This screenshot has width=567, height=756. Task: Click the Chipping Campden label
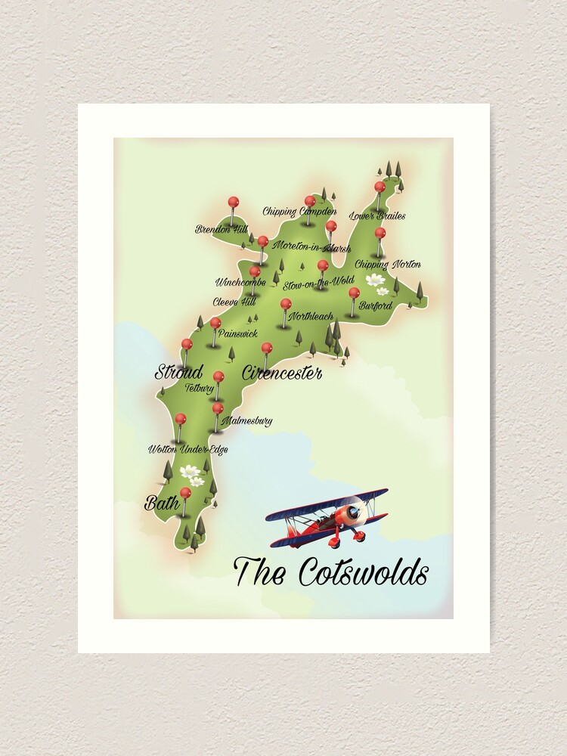coord(299,212)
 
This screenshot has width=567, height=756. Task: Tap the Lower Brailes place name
coord(377,216)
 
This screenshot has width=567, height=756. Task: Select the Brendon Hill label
coord(221,228)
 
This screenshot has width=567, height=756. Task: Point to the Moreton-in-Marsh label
coord(302,247)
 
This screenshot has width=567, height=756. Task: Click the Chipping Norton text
coord(387,264)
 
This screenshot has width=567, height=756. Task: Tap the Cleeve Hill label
coord(234,301)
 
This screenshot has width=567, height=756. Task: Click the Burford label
coord(376,306)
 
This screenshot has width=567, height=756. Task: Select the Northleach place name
coord(310,316)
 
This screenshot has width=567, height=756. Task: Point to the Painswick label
coord(237,333)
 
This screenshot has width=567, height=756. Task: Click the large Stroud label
coord(179,372)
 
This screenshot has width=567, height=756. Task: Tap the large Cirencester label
coord(282,373)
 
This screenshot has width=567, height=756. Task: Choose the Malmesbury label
coord(246,421)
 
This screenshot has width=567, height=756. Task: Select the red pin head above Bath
coord(185,492)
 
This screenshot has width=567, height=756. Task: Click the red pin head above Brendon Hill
coord(233,202)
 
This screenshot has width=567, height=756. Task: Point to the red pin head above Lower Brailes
coord(380,186)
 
